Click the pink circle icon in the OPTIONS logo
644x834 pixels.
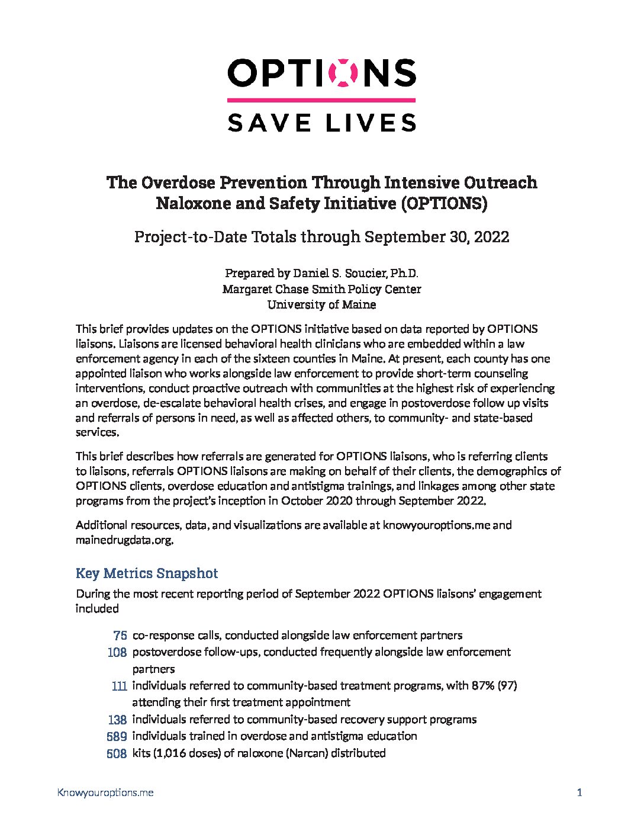click(x=346, y=73)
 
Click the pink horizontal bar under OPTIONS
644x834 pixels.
click(x=321, y=100)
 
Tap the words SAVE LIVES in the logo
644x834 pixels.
click(x=321, y=123)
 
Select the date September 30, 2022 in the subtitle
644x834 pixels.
click(x=437, y=237)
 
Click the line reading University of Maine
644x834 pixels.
click(x=321, y=304)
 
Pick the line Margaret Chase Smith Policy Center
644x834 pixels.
click(x=321, y=289)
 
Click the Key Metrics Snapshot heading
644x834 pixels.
click(x=147, y=573)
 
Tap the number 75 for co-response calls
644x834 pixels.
click(x=120, y=636)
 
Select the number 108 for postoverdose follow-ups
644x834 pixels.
click(x=117, y=652)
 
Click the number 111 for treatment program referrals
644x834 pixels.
click(x=119, y=686)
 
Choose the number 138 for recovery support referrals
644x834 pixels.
click(x=117, y=720)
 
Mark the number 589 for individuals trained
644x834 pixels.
click(x=117, y=736)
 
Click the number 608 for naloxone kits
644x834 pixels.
click(x=117, y=753)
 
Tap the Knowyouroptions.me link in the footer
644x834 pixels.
click(x=105, y=793)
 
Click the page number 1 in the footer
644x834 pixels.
click(x=579, y=793)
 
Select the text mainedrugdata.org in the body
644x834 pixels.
click(x=124, y=540)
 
